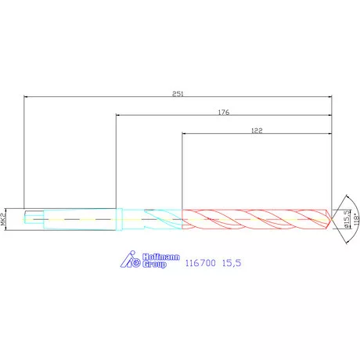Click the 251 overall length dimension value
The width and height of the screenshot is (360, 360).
coord(178,94)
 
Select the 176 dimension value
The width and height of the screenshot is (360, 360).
coord(224,113)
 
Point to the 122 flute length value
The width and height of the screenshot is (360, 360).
coord(257,131)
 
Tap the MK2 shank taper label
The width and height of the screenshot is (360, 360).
coord(3,219)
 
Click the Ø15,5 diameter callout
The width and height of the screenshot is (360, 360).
coord(347,219)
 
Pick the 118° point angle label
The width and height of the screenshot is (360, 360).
coord(356,219)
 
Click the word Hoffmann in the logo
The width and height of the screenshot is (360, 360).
coord(161,257)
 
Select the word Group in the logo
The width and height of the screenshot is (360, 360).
coord(154,264)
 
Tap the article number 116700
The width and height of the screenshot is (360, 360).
coord(200,263)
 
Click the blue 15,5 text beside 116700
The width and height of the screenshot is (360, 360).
coord(232,263)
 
